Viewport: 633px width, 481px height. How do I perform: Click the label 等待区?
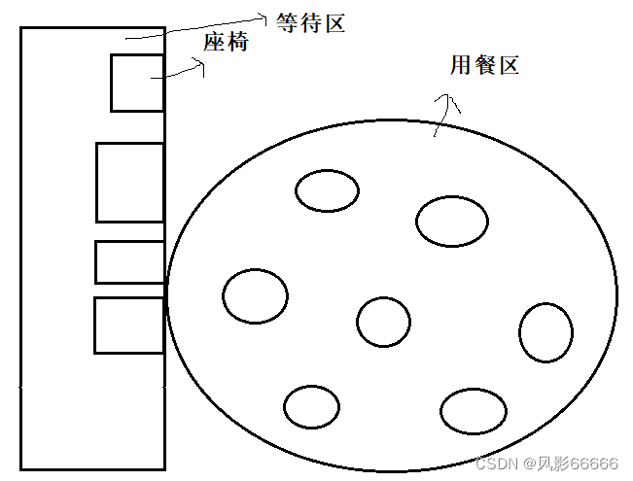coord(310,24)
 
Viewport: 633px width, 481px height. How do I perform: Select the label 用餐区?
coord(484,66)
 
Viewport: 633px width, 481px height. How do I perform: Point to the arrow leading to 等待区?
coord(194,26)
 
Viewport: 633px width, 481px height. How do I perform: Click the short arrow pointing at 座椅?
coord(185,69)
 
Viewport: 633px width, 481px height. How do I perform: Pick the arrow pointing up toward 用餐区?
coord(443,114)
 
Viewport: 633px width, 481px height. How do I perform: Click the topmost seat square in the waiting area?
coord(137,83)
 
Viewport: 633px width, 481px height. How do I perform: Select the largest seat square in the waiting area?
coord(129,182)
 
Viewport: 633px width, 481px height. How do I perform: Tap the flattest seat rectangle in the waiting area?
coord(129,262)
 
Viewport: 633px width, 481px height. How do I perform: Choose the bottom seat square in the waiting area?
coord(128,326)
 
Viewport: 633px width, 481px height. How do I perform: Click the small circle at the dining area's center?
coord(383,322)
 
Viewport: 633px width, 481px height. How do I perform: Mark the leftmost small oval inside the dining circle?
coord(255,294)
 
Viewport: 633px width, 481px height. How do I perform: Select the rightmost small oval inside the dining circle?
coord(545,332)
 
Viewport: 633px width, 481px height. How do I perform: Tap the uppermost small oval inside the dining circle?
coord(327,189)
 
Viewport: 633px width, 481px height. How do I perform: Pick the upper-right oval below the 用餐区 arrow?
coord(451,221)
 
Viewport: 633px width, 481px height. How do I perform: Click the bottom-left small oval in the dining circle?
coord(312,407)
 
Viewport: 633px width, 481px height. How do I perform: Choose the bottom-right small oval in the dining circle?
coord(474,410)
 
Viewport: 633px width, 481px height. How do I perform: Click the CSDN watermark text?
coord(498,463)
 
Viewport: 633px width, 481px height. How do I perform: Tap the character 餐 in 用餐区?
coord(484,66)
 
